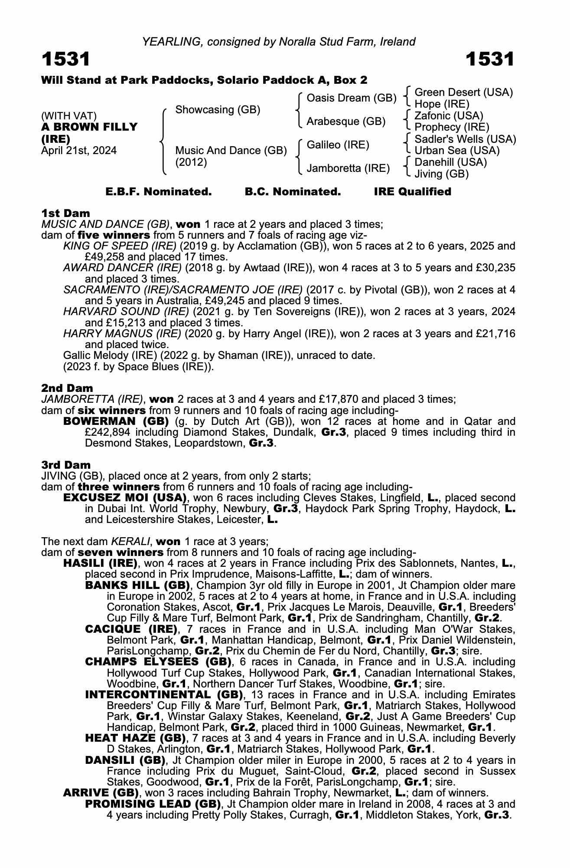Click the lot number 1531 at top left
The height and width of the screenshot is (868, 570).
[x=66, y=59]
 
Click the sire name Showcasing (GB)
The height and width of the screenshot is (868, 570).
[x=218, y=110]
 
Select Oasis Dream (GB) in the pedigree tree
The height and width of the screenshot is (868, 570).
[x=351, y=98]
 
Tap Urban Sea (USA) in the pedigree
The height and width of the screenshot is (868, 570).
[x=457, y=151]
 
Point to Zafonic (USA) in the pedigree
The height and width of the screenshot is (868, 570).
[x=449, y=116]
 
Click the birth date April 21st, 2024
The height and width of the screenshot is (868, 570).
[x=79, y=151]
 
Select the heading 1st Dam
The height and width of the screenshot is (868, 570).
[x=66, y=213]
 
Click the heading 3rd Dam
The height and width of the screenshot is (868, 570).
[x=66, y=465]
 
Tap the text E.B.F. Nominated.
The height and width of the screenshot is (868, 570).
[x=159, y=192]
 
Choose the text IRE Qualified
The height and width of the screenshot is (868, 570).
[x=412, y=192]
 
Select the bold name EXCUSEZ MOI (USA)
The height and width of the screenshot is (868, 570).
[x=125, y=497]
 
